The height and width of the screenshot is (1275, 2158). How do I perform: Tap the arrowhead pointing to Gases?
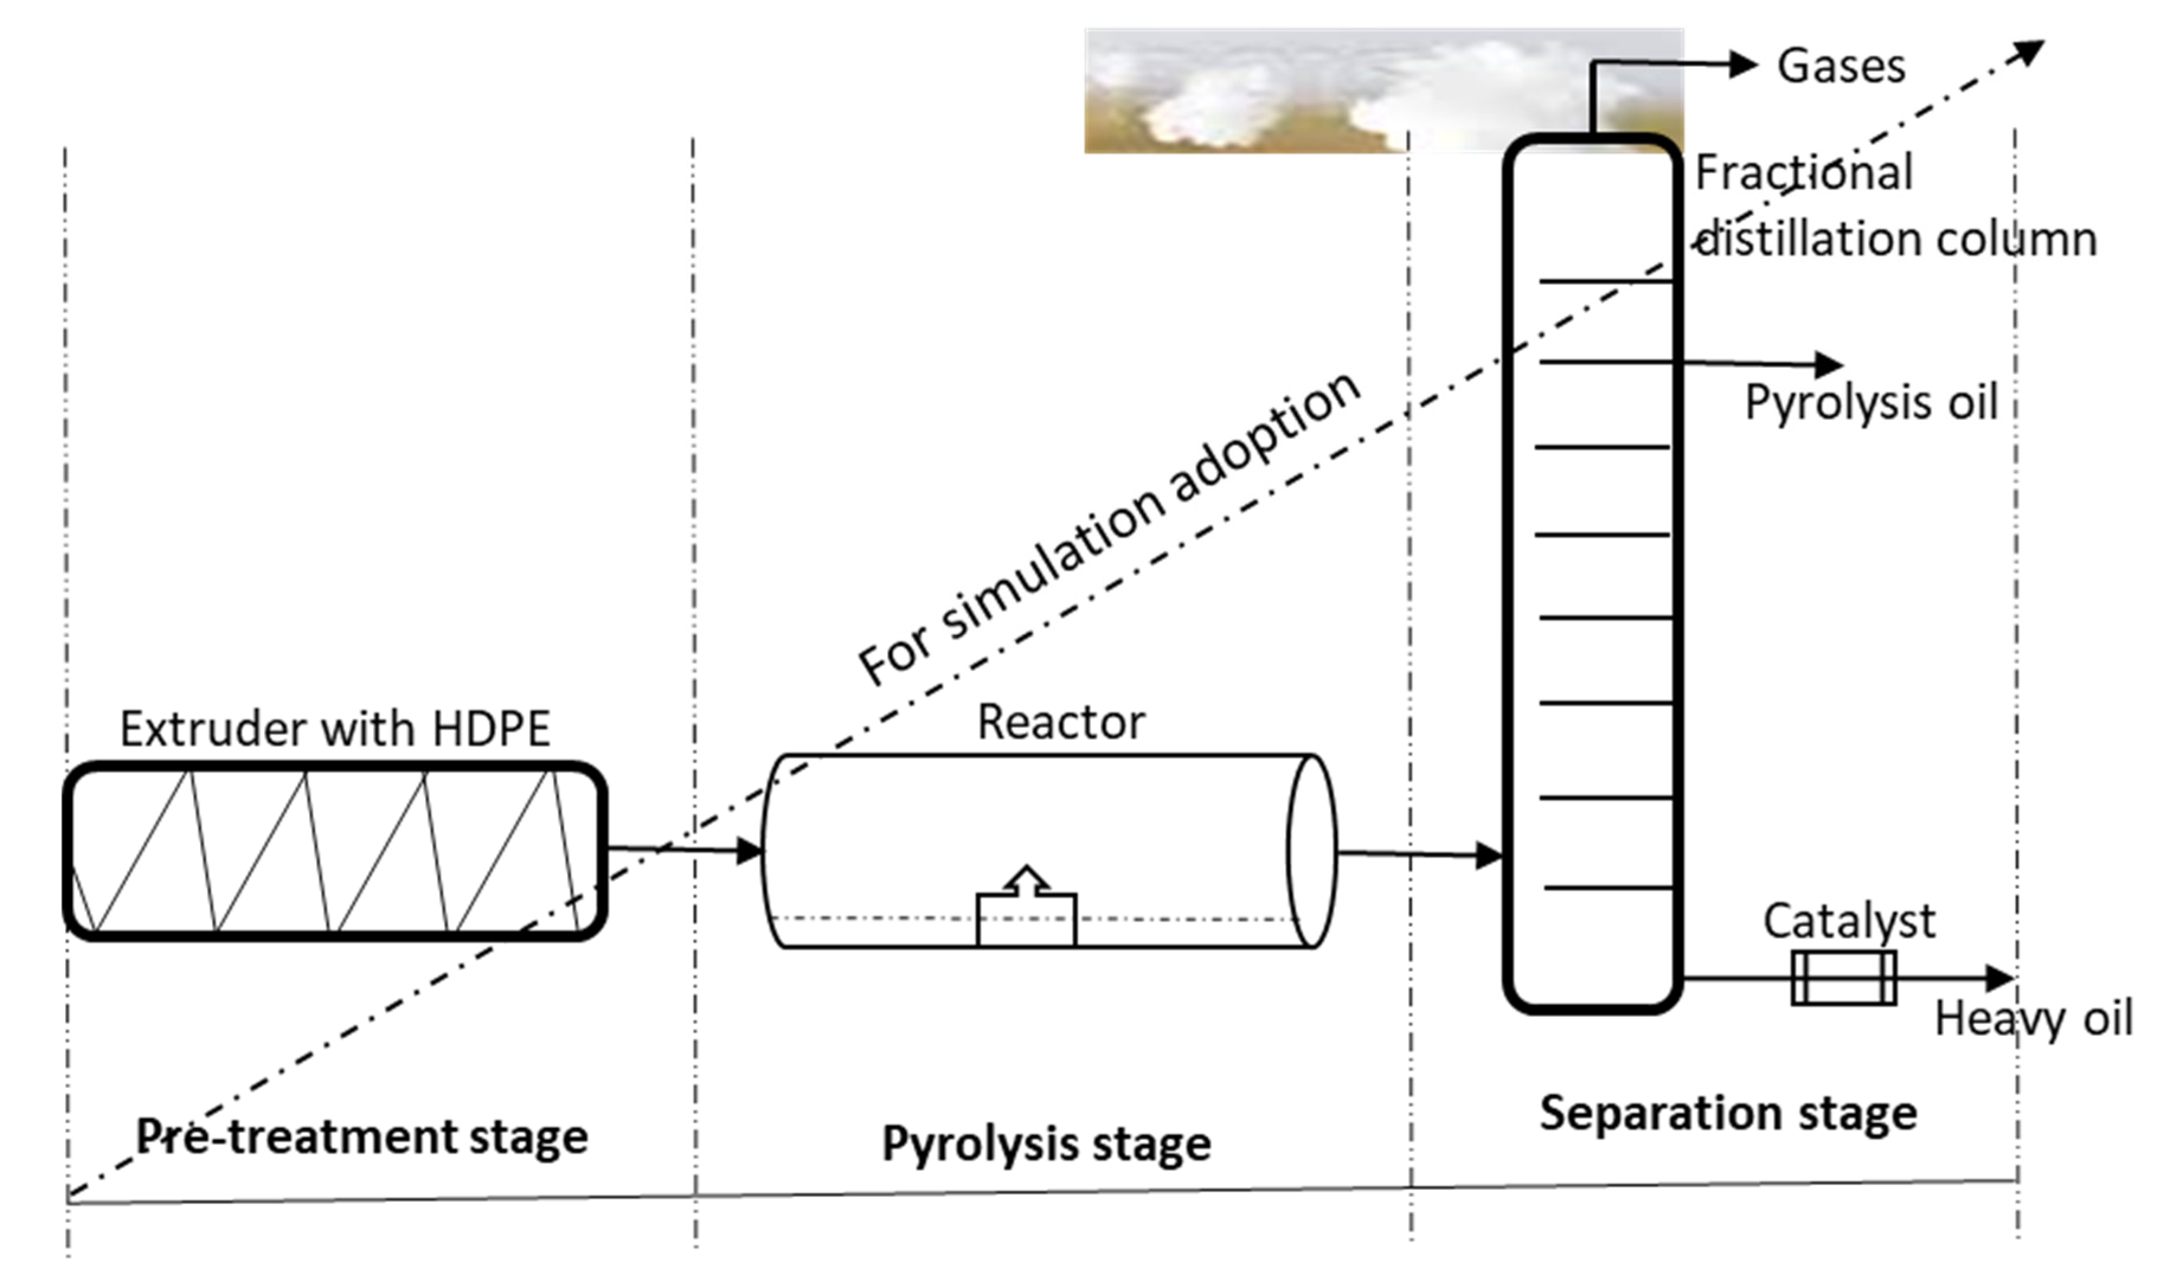(x=1742, y=63)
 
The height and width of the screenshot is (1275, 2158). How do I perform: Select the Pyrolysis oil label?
(x=1870, y=402)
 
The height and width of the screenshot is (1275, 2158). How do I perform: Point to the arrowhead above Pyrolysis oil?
(x=1828, y=364)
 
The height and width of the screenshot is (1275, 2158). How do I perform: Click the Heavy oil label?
(x=2032, y=1020)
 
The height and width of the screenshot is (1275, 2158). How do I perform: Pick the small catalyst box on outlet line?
(x=1844, y=978)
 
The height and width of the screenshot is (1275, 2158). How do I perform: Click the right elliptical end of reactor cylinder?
(x=1312, y=851)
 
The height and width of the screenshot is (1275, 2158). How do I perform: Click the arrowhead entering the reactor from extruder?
(x=749, y=851)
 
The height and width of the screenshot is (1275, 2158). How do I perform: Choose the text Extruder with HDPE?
(x=335, y=729)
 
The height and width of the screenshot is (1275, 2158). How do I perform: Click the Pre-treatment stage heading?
(x=362, y=1136)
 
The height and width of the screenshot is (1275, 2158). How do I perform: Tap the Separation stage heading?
(x=1727, y=1113)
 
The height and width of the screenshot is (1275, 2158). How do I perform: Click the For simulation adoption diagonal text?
(x=1109, y=529)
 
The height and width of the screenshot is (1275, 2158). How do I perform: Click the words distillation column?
(x=1897, y=240)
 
